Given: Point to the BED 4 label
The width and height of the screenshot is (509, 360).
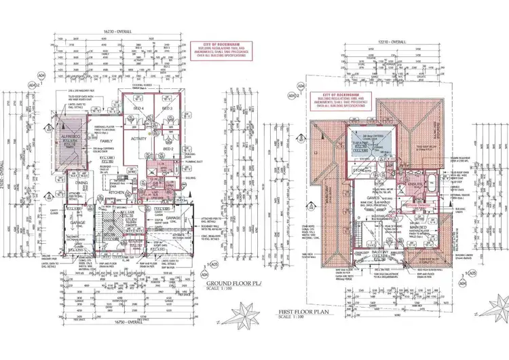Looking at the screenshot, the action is point(138,109).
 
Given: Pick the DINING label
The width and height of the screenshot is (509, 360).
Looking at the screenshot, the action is point(81,183).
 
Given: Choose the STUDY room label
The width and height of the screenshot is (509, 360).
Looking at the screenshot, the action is point(130,219).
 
